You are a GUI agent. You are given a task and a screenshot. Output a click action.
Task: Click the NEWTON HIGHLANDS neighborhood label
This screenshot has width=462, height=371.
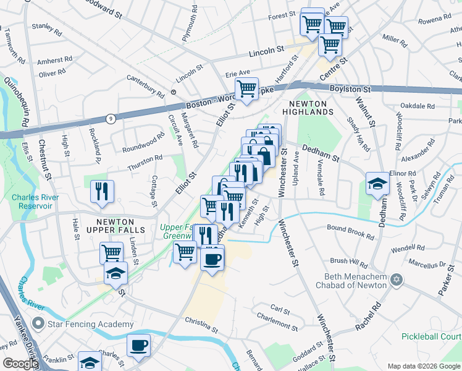(307, 106)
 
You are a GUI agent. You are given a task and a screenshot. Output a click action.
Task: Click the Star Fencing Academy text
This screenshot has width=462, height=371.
(91, 324)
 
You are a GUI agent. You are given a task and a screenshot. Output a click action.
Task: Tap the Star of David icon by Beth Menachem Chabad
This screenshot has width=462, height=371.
(397, 280)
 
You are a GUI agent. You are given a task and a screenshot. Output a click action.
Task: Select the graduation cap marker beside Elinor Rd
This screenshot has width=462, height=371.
(377, 183)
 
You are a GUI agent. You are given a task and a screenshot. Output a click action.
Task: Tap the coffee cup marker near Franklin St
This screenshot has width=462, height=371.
(138, 345)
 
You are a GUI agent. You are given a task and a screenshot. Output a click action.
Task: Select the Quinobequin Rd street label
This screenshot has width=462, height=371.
(16, 101)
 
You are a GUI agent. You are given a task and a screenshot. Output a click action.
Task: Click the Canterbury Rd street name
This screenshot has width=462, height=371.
(146, 86)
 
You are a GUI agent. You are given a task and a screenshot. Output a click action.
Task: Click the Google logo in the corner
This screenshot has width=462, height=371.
(20, 364)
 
